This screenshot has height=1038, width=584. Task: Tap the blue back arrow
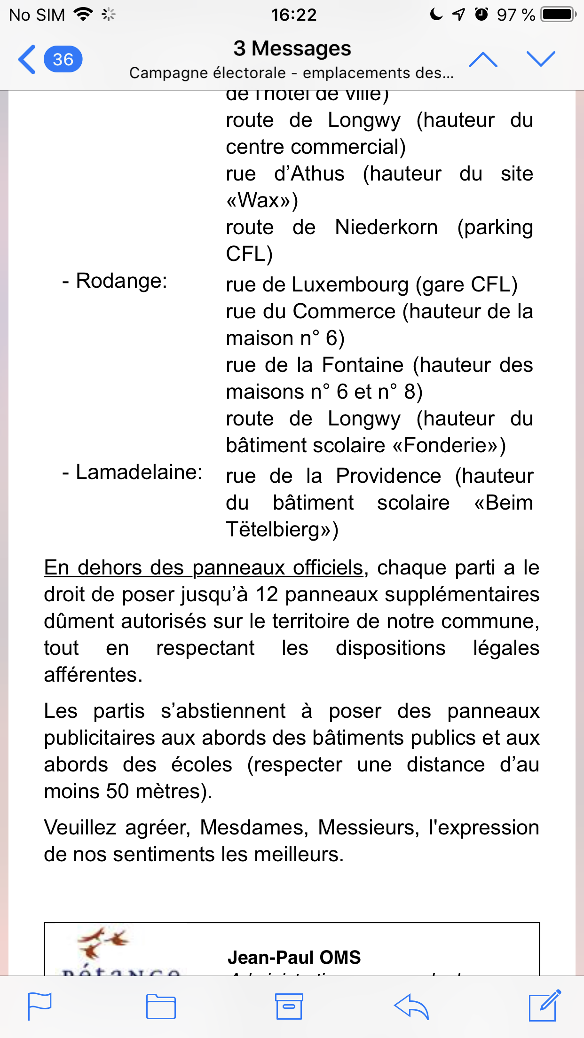27,60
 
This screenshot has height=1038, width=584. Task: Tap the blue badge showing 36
63,60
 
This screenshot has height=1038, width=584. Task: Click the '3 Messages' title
292,48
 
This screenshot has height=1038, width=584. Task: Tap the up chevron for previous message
483,60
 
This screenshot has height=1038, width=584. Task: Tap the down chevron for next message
541,59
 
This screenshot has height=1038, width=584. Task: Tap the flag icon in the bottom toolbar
40,1006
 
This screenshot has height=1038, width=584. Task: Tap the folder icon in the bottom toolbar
161,1006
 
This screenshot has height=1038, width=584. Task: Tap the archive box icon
289,1006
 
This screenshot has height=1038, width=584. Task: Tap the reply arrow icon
411,1006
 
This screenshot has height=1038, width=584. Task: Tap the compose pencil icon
545,1006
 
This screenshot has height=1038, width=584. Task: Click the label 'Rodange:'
121,281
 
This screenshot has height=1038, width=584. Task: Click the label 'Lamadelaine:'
139,472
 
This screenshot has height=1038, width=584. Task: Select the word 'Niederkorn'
386,228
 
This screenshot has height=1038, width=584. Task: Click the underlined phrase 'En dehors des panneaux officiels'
204,568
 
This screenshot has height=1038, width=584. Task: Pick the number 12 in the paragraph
267,595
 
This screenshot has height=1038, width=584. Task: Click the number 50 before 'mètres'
117,792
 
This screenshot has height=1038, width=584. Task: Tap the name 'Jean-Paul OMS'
294,957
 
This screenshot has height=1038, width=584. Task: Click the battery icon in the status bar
558,15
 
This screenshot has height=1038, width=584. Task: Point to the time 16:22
293,15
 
